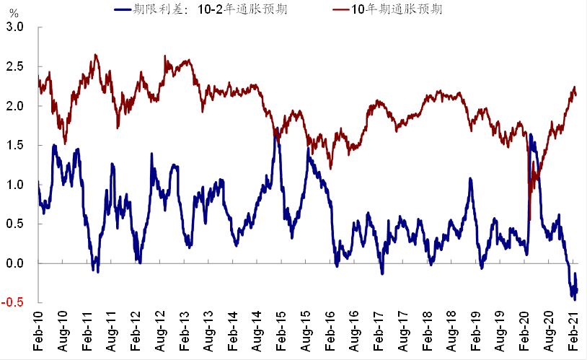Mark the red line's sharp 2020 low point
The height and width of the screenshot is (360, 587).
(530, 219)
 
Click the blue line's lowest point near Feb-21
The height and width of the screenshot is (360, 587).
(575, 299)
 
